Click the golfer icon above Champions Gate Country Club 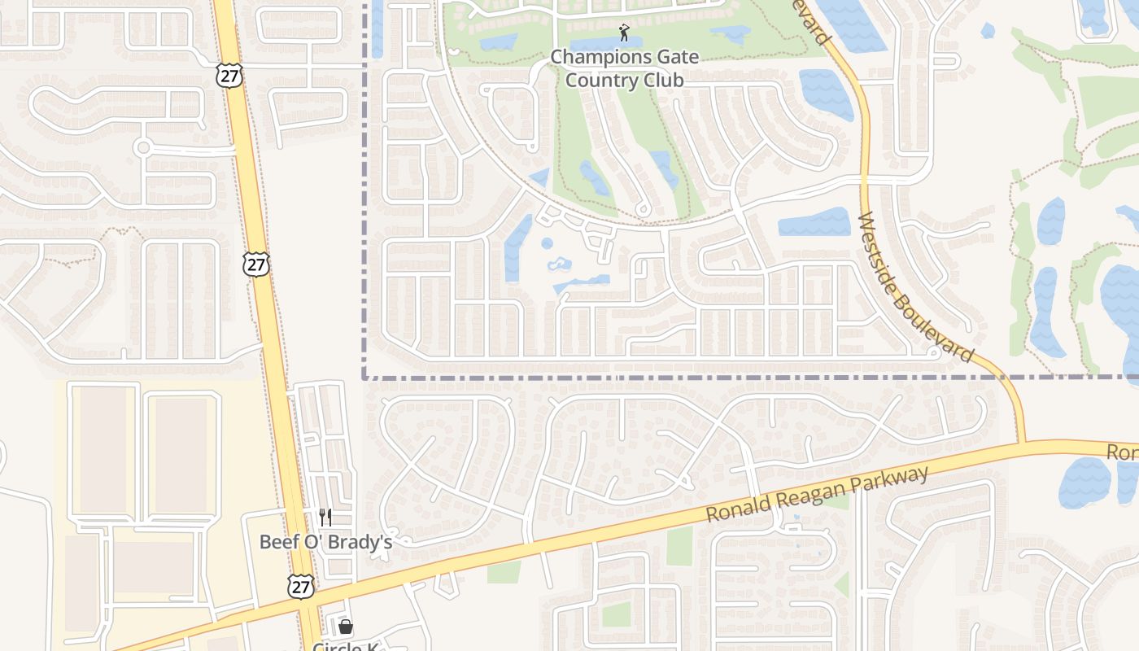click(x=624, y=33)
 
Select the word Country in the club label click(x=600, y=80)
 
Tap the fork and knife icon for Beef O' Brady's click(x=325, y=517)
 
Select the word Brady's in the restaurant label click(x=359, y=542)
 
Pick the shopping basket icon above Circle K click(x=345, y=627)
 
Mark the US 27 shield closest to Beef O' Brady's click(x=300, y=585)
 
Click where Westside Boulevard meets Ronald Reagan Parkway click(x=1022, y=443)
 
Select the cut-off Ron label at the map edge click(x=1122, y=452)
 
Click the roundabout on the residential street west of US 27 click(x=143, y=147)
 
